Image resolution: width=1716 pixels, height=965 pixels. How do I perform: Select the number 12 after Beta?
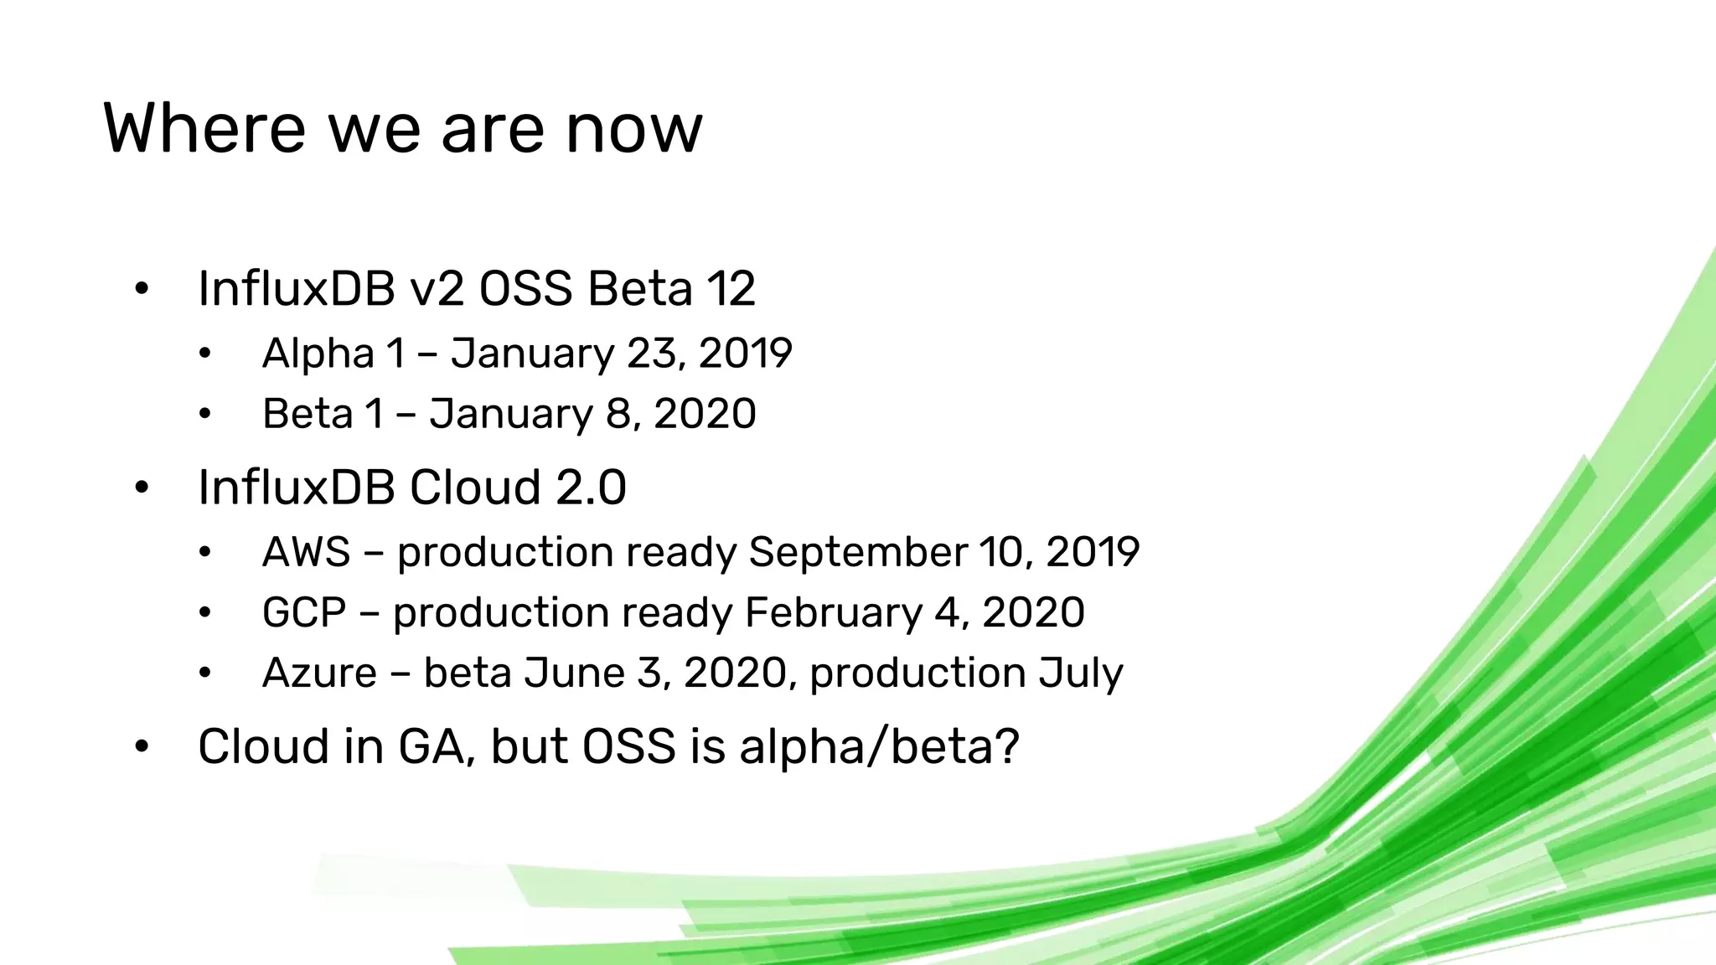(x=731, y=289)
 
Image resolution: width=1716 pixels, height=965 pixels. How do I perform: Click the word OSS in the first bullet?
(x=525, y=289)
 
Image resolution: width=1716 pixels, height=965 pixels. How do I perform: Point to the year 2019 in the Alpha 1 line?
(x=745, y=353)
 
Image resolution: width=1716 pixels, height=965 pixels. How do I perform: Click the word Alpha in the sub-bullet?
(x=318, y=353)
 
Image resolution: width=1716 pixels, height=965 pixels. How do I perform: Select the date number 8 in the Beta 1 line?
(x=618, y=414)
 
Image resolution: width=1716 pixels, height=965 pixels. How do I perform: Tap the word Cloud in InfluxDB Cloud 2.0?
(x=475, y=488)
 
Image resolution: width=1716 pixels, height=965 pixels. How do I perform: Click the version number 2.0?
(x=592, y=488)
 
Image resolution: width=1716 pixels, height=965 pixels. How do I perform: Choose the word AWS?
(x=306, y=553)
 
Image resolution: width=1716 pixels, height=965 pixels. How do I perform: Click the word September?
(x=858, y=553)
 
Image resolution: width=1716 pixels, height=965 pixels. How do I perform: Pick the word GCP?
(x=304, y=613)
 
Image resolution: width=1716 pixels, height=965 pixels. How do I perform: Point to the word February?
(x=833, y=613)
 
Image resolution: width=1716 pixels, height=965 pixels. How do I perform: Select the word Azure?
(x=319, y=673)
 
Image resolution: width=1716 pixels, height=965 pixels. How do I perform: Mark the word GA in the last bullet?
(x=432, y=746)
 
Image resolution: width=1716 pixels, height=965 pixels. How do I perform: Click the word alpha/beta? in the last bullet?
(x=879, y=746)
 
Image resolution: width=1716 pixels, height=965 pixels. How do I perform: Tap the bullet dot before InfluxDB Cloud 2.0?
(x=142, y=488)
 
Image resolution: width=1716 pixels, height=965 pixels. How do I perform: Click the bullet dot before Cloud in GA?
(x=142, y=746)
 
